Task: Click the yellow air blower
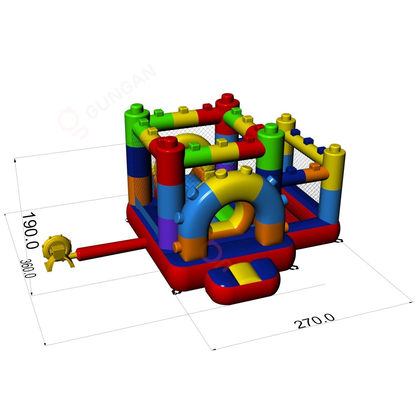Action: point(58,252)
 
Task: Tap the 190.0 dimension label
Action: point(30,230)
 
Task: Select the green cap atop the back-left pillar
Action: point(137,113)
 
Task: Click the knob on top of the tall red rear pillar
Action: point(227,97)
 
